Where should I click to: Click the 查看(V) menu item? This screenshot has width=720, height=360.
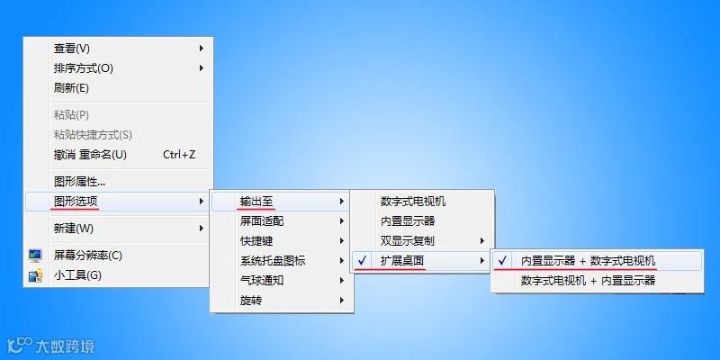click(x=72, y=49)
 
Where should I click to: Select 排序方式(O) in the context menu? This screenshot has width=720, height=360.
click(x=83, y=68)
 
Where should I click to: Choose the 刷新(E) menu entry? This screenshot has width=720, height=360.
click(x=72, y=88)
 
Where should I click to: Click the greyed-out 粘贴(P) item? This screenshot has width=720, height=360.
click(x=72, y=114)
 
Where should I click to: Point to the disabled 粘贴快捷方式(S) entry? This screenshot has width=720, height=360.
click(x=93, y=134)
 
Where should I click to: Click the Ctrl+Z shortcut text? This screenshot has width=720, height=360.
click(x=179, y=155)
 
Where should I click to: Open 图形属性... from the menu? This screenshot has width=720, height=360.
click(x=80, y=181)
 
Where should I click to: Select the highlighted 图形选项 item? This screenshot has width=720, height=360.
click(x=76, y=201)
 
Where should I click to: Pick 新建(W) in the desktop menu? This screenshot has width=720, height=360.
click(x=74, y=228)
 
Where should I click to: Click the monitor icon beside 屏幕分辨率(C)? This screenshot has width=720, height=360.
click(x=36, y=256)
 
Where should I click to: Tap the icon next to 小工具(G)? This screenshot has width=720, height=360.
click(x=36, y=275)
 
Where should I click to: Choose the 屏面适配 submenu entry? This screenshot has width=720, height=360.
click(x=261, y=220)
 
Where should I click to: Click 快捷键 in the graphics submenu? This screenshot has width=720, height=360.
click(x=256, y=240)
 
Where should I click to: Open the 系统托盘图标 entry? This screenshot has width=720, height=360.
click(x=272, y=261)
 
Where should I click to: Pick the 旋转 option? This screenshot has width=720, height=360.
click(x=250, y=301)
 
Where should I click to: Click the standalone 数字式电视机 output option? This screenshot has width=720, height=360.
click(x=413, y=202)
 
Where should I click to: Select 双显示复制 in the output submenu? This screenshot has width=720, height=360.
click(x=407, y=241)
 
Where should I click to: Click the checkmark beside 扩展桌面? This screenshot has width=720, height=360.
click(x=363, y=261)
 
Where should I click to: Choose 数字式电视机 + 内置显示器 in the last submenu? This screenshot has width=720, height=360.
click(x=588, y=281)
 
